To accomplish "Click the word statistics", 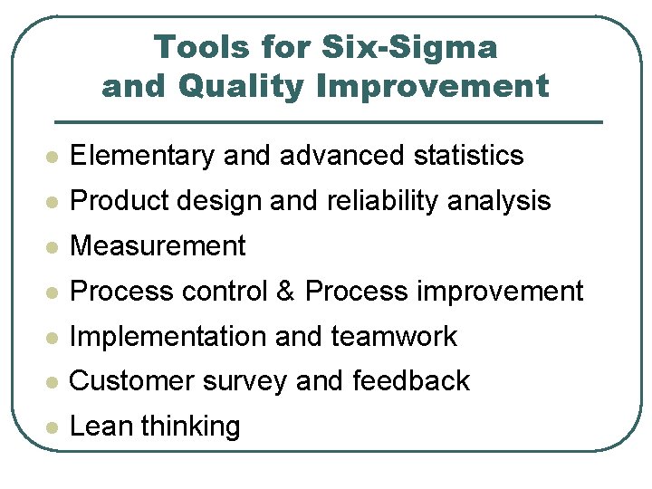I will coord(468,156).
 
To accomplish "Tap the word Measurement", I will coord(158,246).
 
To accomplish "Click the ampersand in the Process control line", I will coord(286,292).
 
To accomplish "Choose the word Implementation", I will coord(168,337).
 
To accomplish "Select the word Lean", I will coord(98,427).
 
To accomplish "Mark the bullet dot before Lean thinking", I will coord(53,427).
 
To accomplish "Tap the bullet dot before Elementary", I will coord(53,157).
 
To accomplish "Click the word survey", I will coord(241,381).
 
